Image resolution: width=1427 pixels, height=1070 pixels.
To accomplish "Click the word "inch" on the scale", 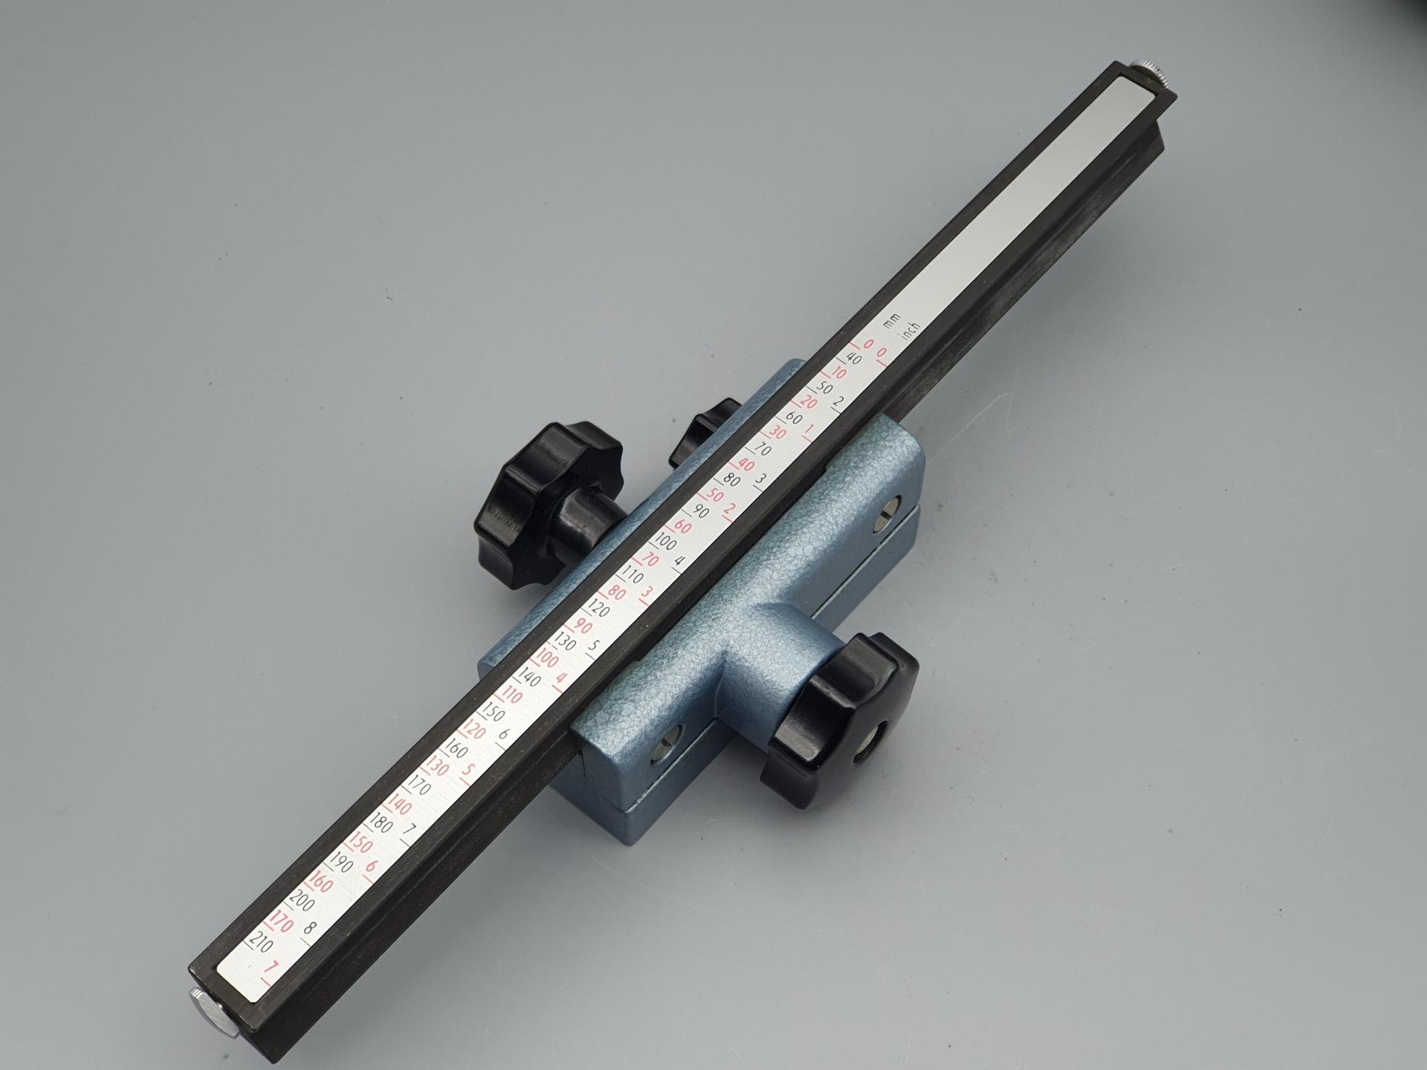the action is pyautogui.click(x=909, y=332).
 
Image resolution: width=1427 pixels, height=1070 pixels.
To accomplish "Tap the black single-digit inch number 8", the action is pyautogui.click(x=309, y=927).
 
